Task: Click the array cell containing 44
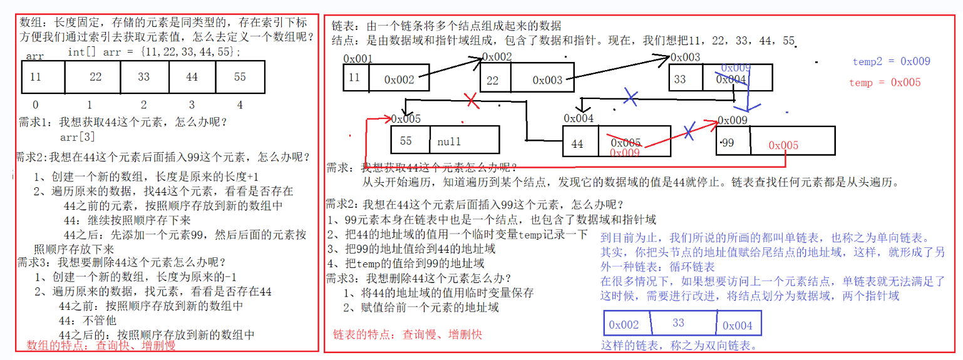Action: coord(192,77)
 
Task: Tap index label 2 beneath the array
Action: coord(144,105)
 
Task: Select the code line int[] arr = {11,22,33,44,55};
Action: coord(153,53)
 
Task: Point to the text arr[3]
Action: coord(78,136)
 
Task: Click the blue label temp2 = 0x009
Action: coord(891,61)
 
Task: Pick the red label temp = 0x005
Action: coord(885,83)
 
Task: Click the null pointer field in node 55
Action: coord(463,141)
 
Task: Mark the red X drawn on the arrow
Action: coord(471,100)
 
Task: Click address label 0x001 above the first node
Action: coord(358,58)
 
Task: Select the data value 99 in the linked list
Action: coord(728,143)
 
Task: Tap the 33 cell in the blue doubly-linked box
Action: coord(678,323)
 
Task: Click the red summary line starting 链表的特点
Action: coord(408,334)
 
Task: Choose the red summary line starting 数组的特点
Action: coord(101,345)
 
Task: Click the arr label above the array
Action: coord(34,56)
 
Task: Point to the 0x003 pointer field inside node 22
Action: coord(547,80)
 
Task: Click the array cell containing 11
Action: coord(36,77)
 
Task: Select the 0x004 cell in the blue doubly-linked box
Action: coord(737,325)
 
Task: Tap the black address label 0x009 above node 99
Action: coord(733,120)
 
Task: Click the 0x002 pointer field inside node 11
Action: coord(399,80)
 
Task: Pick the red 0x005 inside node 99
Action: coord(783,145)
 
